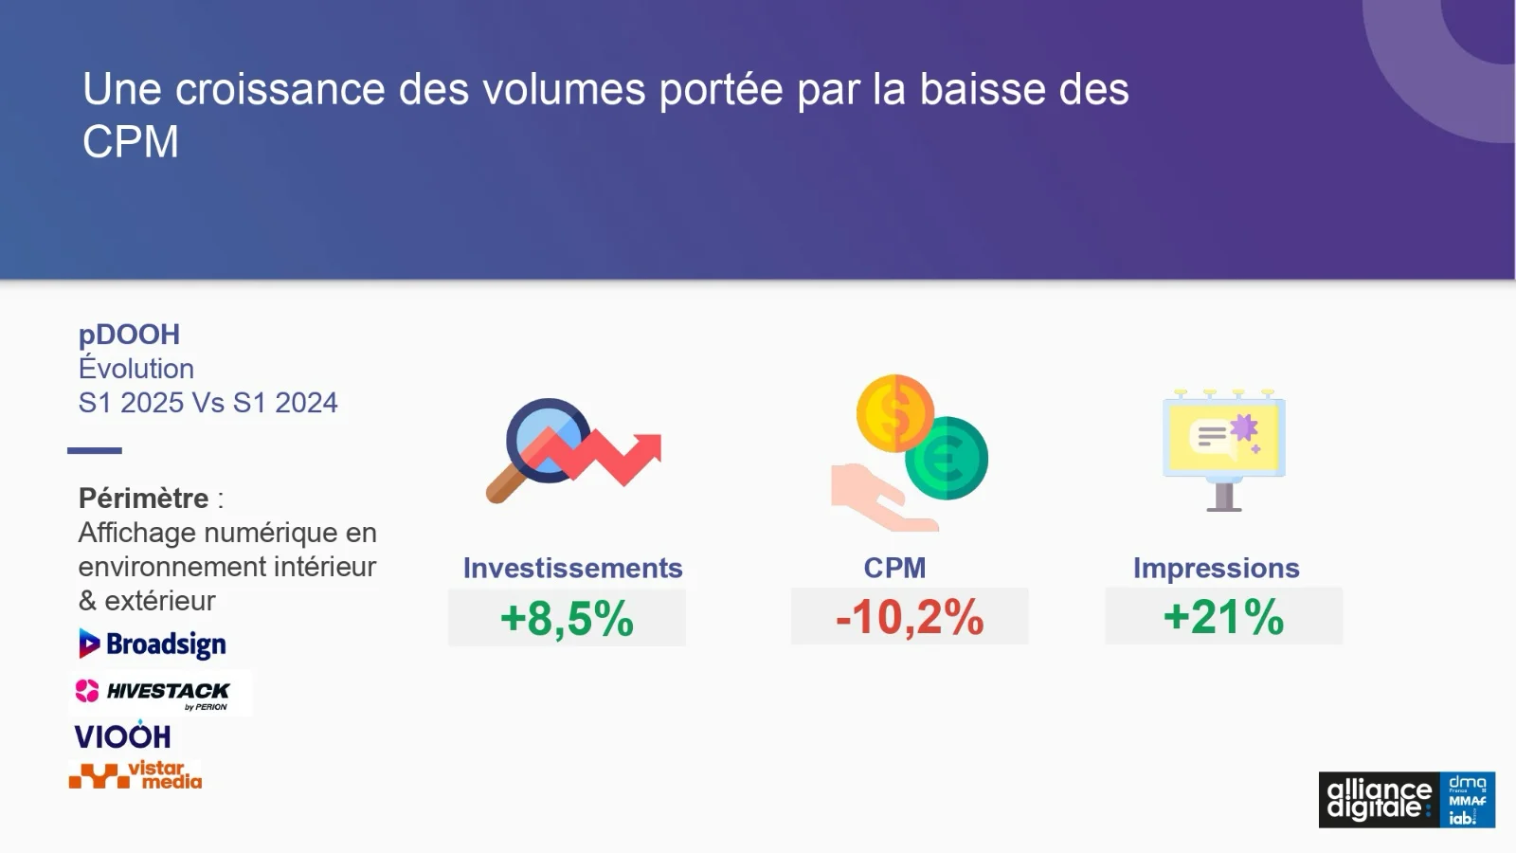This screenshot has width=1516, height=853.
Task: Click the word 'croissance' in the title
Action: [280, 89]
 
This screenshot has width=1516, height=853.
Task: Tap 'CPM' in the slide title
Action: [131, 141]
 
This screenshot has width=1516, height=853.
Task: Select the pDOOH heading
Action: [129, 335]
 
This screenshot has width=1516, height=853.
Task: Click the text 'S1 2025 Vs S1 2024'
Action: [208, 403]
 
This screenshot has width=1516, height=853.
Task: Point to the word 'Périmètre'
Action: [143, 499]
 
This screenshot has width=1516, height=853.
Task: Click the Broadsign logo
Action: [153, 644]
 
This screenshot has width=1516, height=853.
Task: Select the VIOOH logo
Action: [122, 735]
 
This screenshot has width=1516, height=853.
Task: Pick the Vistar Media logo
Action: [135, 775]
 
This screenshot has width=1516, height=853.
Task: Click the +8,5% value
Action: [567, 618]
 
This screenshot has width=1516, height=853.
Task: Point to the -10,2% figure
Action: [910, 617]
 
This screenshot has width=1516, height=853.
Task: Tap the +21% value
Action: [1223, 617]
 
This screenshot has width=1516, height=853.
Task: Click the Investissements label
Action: [572, 568]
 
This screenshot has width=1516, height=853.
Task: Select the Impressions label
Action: [1217, 568]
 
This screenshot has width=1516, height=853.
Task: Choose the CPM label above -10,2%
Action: [894, 568]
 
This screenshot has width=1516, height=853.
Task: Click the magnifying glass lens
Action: [549, 441]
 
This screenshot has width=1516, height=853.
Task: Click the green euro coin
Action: [947, 459]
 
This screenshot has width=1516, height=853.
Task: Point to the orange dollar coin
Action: [895, 413]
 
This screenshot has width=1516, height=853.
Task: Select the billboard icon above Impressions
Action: [1223, 450]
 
